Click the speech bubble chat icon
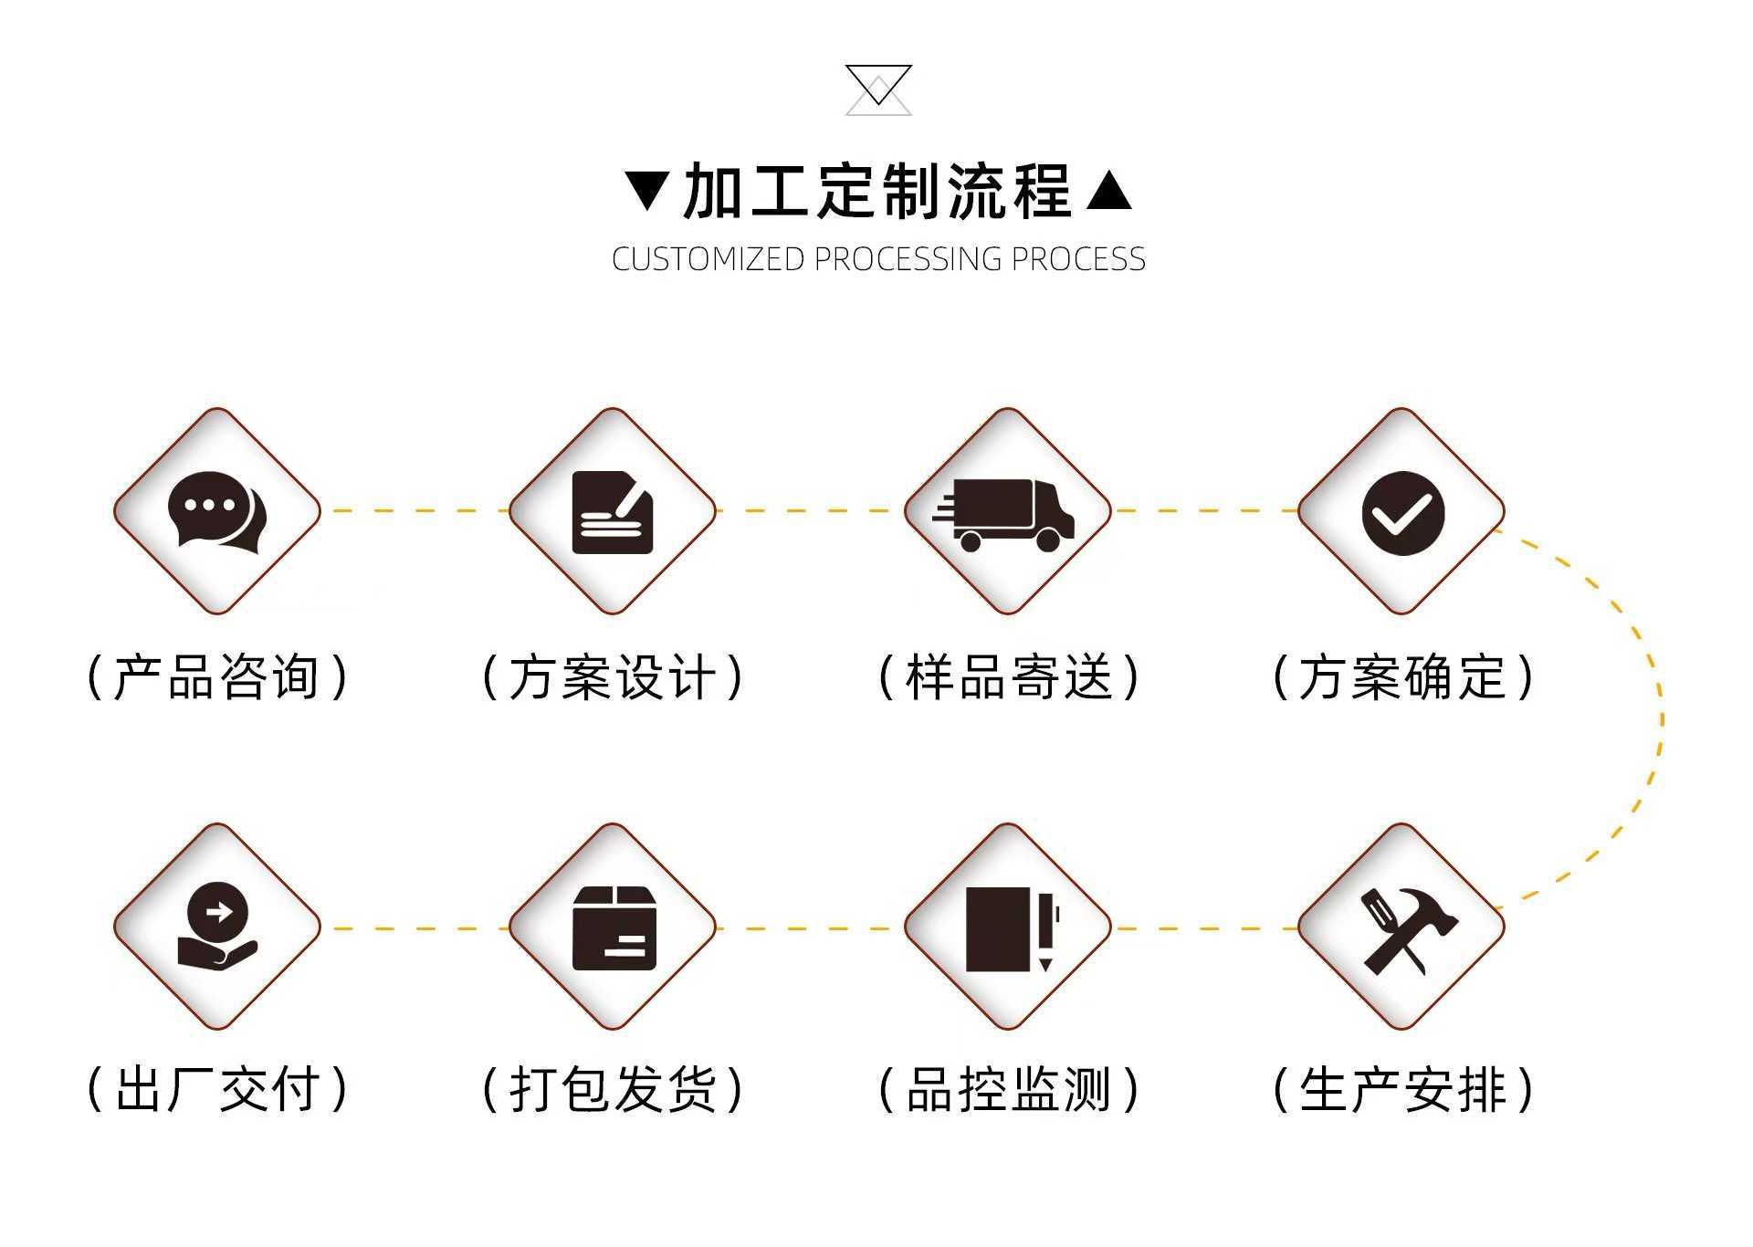tap(216, 511)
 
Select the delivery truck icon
tap(1005, 514)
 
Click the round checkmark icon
tap(1402, 513)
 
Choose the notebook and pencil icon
tap(1010, 928)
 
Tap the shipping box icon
tap(614, 928)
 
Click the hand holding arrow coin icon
tap(216, 926)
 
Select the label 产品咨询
tap(217, 677)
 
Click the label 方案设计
tap(613, 677)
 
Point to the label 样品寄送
tap(1009, 677)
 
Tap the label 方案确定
tap(1403, 677)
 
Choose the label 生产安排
tap(1403, 1090)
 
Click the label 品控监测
tap(1009, 1090)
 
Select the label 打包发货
tap(613, 1090)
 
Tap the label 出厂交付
tap(217, 1090)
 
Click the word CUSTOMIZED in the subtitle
tap(708, 259)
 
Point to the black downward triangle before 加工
tap(647, 191)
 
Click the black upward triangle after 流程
tap(1109, 191)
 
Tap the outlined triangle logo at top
tap(878, 89)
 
